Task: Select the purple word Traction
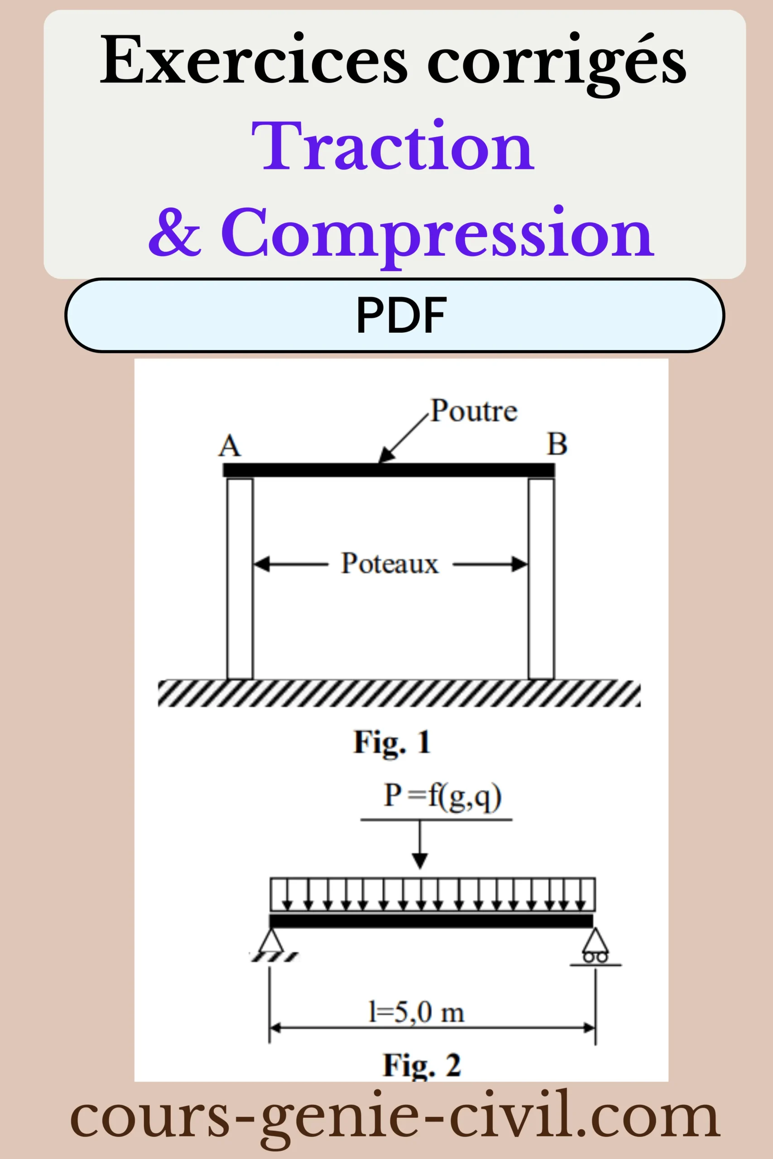pyautogui.click(x=393, y=146)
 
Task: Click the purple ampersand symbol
pyautogui.click(x=175, y=232)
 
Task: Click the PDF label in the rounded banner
pyautogui.click(x=401, y=315)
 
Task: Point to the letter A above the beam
pyautogui.click(x=230, y=445)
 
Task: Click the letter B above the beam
pyautogui.click(x=557, y=444)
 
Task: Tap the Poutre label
pyautogui.click(x=474, y=411)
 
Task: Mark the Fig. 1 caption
pyautogui.click(x=393, y=742)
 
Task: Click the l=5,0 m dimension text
pyautogui.click(x=417, y=1013)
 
